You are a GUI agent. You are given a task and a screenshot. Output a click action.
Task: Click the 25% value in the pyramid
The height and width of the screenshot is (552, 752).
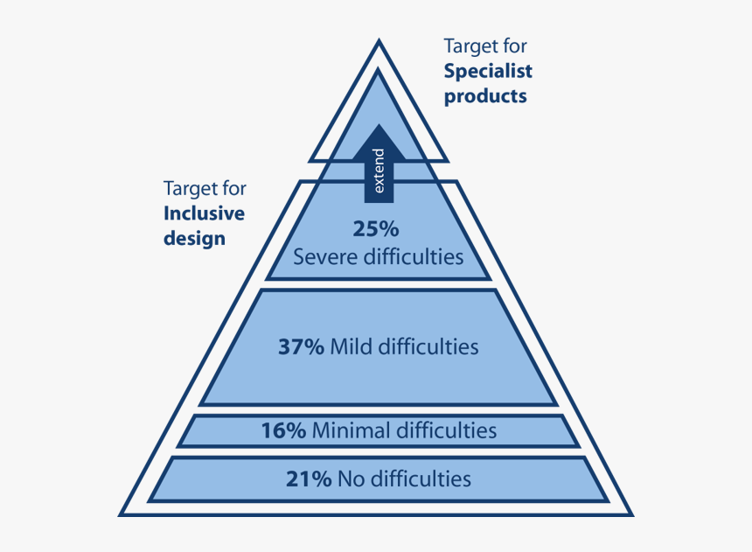point(376,229)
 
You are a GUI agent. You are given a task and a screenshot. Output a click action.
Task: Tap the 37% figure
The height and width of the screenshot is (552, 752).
point(301,346)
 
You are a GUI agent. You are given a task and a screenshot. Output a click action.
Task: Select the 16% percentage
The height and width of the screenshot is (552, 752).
point(283,430)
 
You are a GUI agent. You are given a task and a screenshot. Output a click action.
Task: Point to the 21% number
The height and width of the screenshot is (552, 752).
point(309,479)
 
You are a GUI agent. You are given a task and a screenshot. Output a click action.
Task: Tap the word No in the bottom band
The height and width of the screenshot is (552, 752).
point(350,479)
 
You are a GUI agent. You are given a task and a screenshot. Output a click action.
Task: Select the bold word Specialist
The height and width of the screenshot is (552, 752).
point(488,71)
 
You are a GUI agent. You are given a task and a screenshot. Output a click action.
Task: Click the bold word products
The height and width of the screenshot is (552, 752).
point(485,96)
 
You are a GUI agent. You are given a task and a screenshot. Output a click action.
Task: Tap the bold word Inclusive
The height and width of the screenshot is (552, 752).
point(204,213)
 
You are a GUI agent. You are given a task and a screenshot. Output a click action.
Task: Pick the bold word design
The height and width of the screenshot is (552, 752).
point(194,238)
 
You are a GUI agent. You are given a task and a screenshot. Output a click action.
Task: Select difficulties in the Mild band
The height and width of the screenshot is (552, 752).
point(427,346)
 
